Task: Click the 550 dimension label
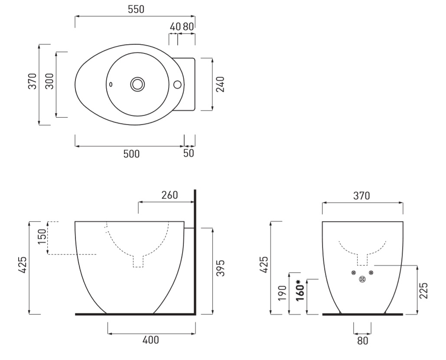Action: [x=136, y=10]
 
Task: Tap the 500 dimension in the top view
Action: [x=131, y=154]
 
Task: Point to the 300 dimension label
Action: [x=49, y=82]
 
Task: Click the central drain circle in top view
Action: [x=138, y=84]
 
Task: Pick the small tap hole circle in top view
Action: [x=178, y=84]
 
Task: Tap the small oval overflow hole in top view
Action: [x=111, y=84]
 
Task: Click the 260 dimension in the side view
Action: [x=169, y=195]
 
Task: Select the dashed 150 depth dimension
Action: [x=42, y=237]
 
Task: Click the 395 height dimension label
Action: [x=221, y=268]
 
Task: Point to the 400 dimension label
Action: [x=151, y=340]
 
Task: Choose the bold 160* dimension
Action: [x=300, y=290]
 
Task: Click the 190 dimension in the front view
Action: [x=282, y=293]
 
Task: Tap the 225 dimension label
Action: [x=423, y=291]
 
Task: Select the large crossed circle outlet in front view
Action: [x=362, y=279]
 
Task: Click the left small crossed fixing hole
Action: [x=354, y=273]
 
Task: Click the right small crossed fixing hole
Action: [x=371, y=273]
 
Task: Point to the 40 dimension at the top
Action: [x=175, y=27]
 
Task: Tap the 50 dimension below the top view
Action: [x=189, y=154]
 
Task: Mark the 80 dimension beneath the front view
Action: [x=363, y=340]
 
